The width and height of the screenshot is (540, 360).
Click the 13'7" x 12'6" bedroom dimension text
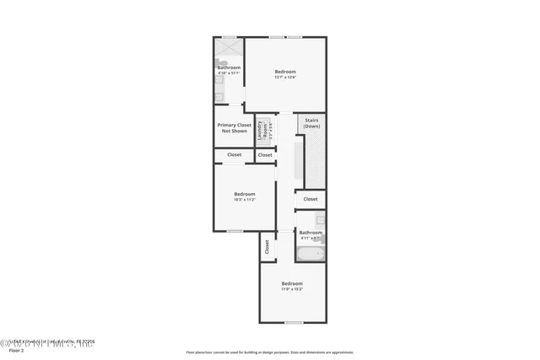(285, 77)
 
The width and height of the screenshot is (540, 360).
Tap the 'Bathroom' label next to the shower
(229, 67)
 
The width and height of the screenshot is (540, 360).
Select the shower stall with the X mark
(229, 49)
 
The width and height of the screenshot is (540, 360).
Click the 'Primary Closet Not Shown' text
(235, 128)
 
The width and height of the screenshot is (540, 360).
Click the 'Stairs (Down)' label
(311, 122)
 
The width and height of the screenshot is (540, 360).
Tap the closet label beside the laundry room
(265, 155)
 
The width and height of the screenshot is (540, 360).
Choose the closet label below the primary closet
(235, 155)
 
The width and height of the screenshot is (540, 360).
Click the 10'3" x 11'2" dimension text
(245, 200)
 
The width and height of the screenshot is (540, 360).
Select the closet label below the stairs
(310, 199)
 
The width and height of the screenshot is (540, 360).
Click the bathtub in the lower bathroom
(308, 253)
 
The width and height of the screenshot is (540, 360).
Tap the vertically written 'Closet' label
(267, 247)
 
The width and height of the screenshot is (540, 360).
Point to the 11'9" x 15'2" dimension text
(292, 289)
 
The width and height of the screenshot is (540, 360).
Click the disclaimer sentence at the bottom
(269, 352)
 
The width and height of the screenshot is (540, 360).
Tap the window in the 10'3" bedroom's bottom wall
(235, 231)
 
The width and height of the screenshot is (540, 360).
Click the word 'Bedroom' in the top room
(285, 72)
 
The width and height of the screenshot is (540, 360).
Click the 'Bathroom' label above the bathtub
(310, 232)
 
